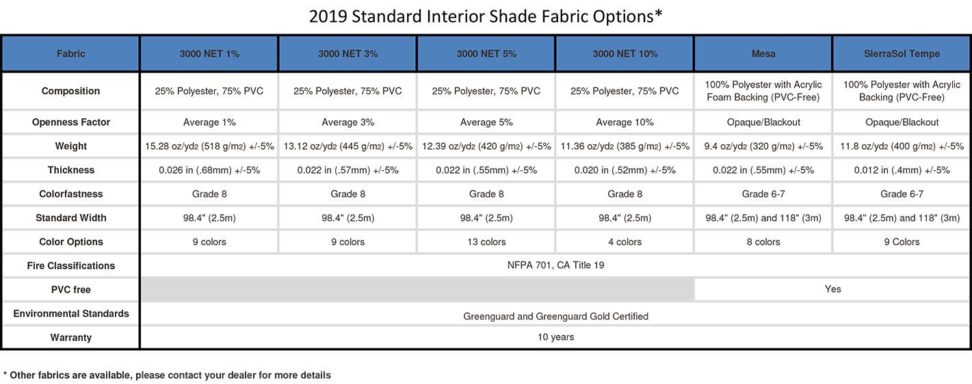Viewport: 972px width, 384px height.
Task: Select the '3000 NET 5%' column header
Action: tap(486, 54)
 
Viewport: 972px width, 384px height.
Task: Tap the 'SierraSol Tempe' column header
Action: tap(902, 54)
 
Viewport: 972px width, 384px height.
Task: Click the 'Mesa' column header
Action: tap(763, 54)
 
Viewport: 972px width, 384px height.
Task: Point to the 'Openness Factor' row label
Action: tap(70, 122)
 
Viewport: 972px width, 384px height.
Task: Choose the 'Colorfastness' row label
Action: tap(70, 194)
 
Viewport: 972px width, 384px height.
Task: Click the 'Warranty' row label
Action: tap(70, 337)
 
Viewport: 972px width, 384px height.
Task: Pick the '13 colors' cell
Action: tap(486, 242)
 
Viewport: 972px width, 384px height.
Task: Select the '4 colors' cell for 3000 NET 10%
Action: tap(625, 242)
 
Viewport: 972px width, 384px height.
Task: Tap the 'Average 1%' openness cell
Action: tap(209, 122)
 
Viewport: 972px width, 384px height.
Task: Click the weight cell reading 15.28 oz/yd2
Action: tap(209, 146)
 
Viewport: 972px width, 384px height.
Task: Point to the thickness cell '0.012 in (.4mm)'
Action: tap(902, 170)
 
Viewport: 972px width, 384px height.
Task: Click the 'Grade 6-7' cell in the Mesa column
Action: tap(763, 194)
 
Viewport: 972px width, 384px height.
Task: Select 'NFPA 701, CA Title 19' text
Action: tap(555, 265)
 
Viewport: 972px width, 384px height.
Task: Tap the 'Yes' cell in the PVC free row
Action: tap(832, 289)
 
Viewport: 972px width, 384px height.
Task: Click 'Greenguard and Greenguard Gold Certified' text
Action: tap(555, 316)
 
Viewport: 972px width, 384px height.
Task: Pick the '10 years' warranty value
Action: tap(555, 337)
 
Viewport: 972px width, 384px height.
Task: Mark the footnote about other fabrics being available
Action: tap(167, 375)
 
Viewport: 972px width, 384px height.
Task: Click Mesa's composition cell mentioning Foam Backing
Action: tap(763, 91)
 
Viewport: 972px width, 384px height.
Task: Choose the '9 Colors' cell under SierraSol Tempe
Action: tap(902, 242)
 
